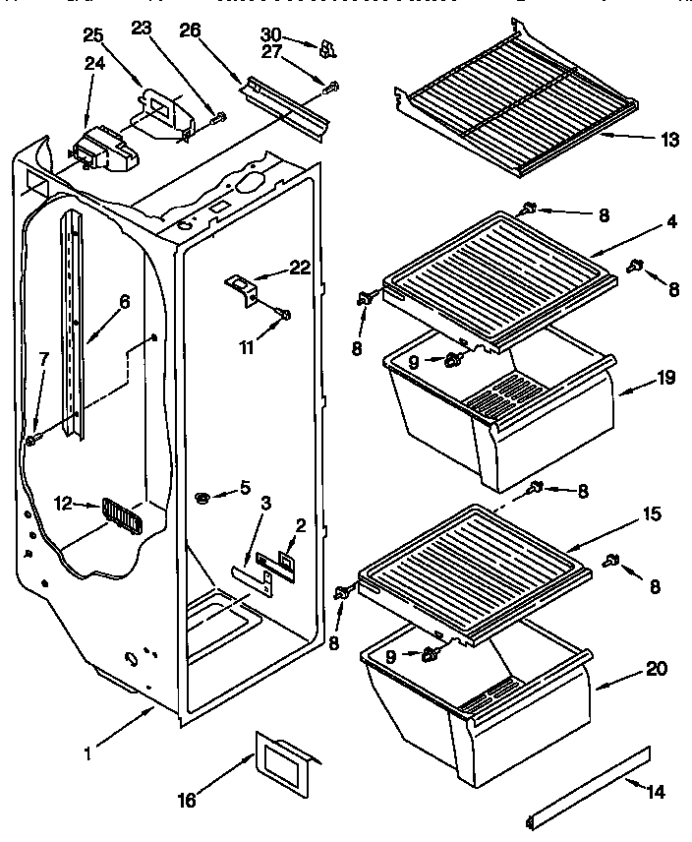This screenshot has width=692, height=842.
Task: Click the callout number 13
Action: pos(670,140)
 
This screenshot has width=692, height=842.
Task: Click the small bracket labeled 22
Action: pos(243,287)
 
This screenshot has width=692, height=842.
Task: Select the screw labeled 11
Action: pos(285,314)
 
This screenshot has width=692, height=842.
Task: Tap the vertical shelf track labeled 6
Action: pos(75,325)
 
